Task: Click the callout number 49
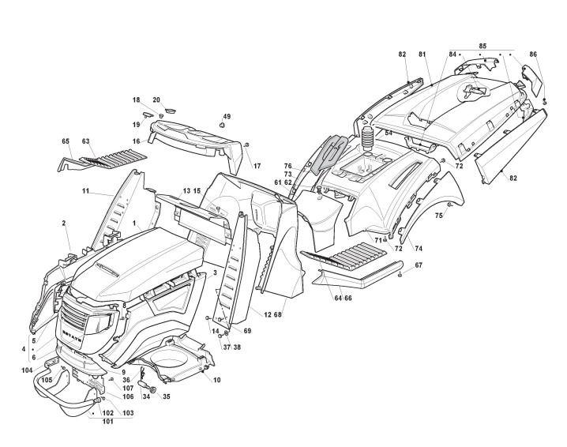tap(227, 116)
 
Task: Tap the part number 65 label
tap(66, 141)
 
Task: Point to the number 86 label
tap(533, 54)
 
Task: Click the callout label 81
tap(422, 54)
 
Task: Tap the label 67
tap(419, 265)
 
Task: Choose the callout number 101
tap(107, 421)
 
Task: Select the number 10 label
tap(217, 380)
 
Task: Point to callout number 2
tap(63, 223)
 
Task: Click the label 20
tap(156, 100)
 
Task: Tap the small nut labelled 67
tap(402, 274)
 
